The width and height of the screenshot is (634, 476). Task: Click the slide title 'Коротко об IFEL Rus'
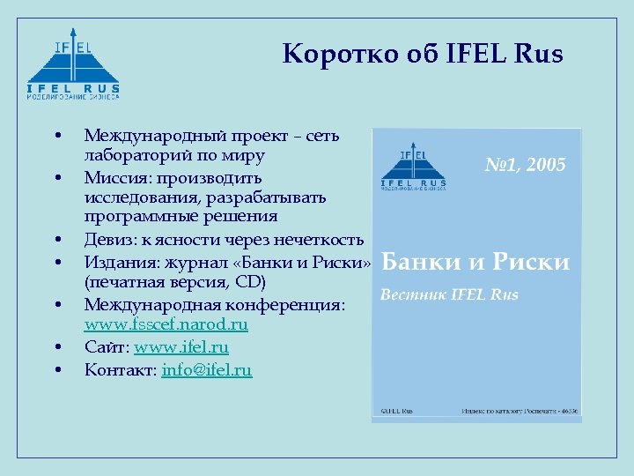(x=423, y=56)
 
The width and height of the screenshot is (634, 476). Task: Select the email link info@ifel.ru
(x=207, y=370)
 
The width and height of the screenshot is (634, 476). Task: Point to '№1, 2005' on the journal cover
(x=526, y=165)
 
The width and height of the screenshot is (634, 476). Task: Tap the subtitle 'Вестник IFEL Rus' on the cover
(x=449, y=294)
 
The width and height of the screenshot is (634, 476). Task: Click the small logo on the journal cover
(x=413, y=167)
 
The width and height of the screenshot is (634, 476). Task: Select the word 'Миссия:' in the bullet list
(x=113, y=177)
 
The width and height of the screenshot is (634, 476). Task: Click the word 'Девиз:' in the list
(x=107, y=240)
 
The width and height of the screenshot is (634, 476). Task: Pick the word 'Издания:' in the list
(x=115, y=262)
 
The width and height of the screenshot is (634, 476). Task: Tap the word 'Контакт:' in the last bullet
(x=121, y=370)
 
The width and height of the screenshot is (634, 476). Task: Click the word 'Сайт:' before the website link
(x=107, y=347)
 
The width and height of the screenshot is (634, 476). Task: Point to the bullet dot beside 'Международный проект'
(x=57, y=136)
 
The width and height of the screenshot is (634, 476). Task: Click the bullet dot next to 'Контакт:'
(x=57, y=370)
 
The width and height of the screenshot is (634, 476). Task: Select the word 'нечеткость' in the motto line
(x=320, y=240)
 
